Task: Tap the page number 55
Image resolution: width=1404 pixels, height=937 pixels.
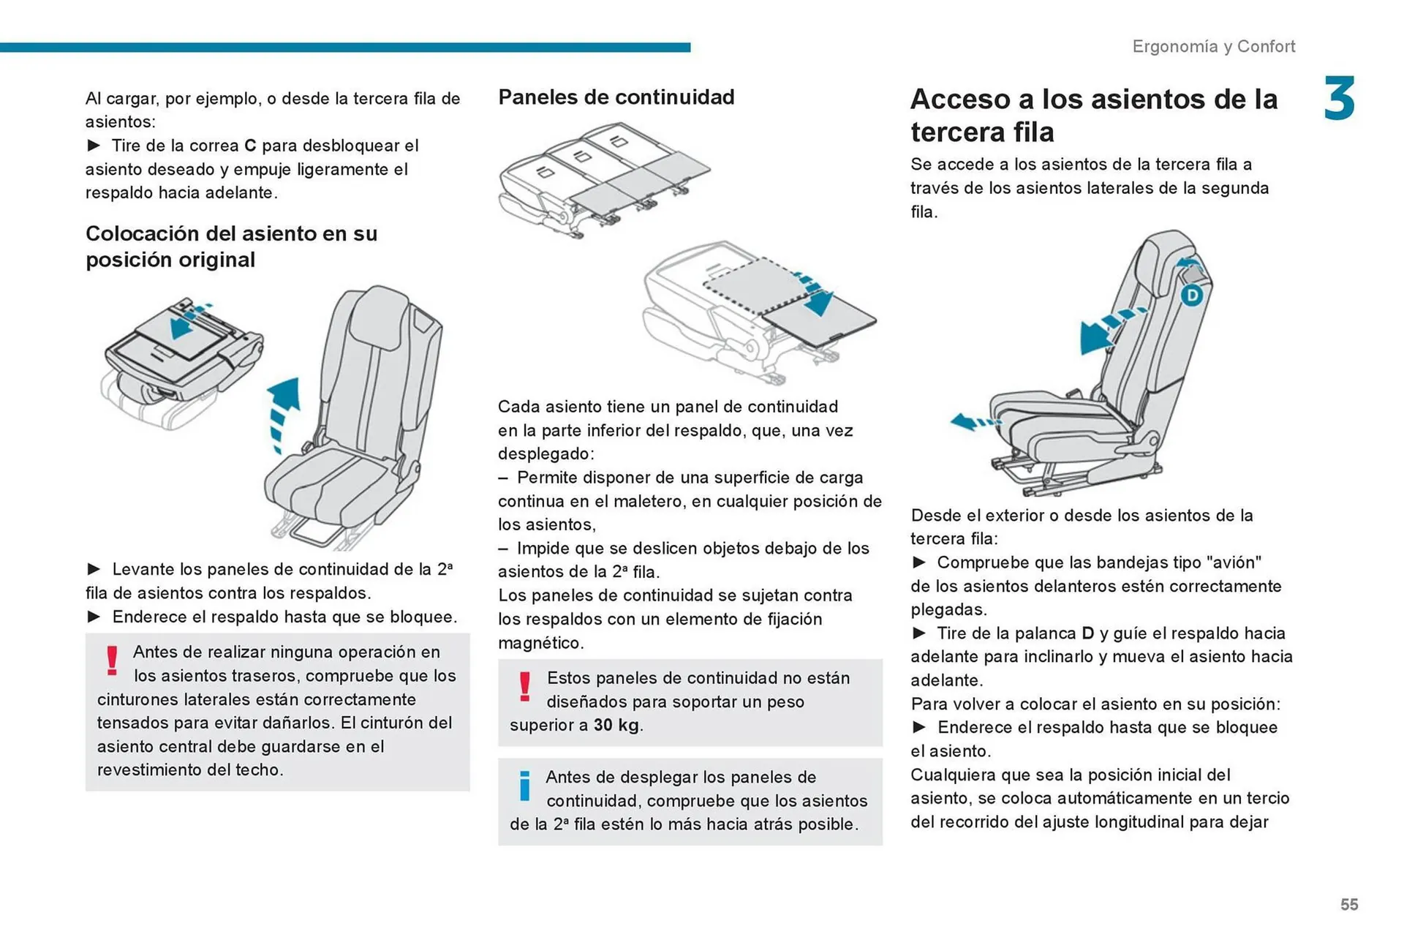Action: pyautogui.click(x=1348, y=905)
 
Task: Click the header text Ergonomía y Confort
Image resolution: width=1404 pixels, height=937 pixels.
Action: pyautogui.click(x=1213, y=47)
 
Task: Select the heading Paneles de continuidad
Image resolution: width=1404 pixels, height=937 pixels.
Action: pyautogui.click(x=616, y=97)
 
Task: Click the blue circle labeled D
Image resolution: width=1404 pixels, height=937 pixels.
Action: pyautogui.click(x=1192, y=296)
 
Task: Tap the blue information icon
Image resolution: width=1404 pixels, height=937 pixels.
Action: pyautogui.click(x=524, y=786)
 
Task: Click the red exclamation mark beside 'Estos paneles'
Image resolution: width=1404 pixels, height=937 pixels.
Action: pyautogui.click(x=524, y=687)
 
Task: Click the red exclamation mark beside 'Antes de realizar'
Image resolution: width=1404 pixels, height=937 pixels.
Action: pyautogui.click(x=112, y=661)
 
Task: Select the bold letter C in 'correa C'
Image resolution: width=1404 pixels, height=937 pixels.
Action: pyautogui.click(x=250, y=146)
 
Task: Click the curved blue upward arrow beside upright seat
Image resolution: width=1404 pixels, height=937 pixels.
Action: pyautogui.click(x=284, y=410)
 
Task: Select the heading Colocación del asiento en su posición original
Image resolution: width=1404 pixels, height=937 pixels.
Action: pyautogui.click(x=231, y=247)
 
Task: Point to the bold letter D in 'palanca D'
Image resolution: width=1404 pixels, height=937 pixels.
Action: pyautogui.click(x=1087, y=633)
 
